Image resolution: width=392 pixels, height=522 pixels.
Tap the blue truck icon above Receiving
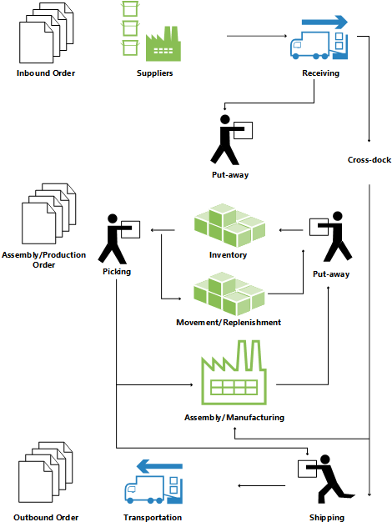pos(318,45)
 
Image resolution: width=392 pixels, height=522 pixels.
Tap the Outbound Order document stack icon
pos(45,474)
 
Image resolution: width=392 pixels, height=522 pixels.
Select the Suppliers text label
pos(154,74)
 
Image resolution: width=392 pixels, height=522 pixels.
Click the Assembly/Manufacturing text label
pos(234,416)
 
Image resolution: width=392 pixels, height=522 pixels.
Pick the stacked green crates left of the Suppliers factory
pos(128,29)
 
